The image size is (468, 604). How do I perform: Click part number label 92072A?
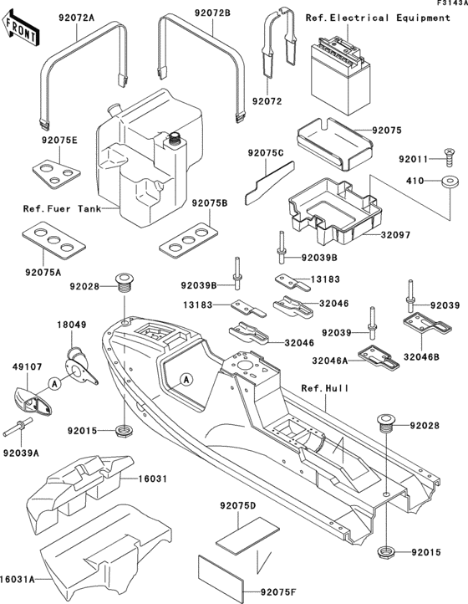(76, 16)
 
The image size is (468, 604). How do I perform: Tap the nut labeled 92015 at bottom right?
(387, 553)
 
